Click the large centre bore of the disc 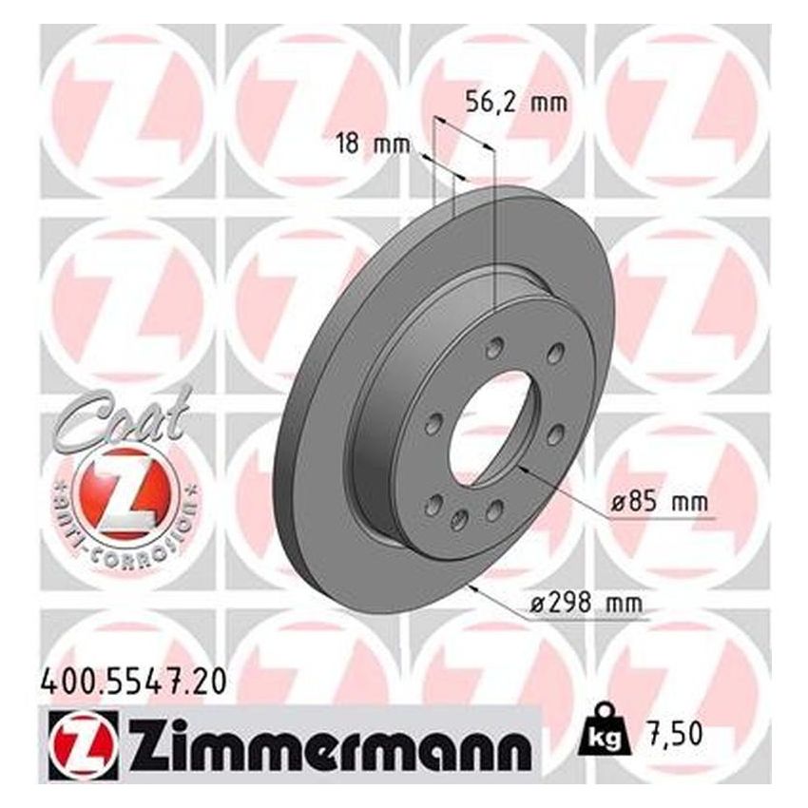pyautogui.click(x=494, y=429)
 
